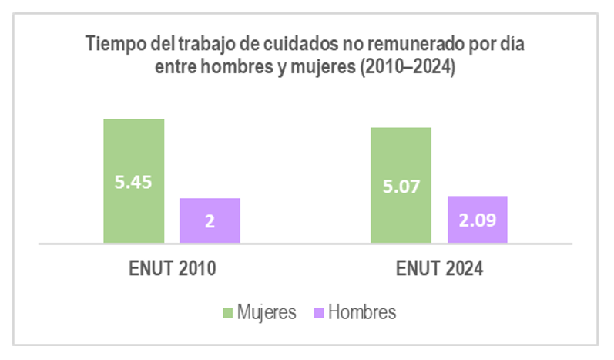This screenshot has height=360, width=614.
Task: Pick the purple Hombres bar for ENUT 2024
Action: click(x=478, y=231)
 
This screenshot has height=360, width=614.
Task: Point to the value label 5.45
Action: click(x=134, y=183)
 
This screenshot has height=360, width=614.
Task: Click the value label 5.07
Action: click(x=401, y=185)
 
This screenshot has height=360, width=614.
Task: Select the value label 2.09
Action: click(x=478, y=220)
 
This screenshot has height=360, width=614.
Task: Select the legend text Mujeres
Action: click(x=267, y=312)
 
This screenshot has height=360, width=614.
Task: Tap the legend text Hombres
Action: click(x=361, y=312)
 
